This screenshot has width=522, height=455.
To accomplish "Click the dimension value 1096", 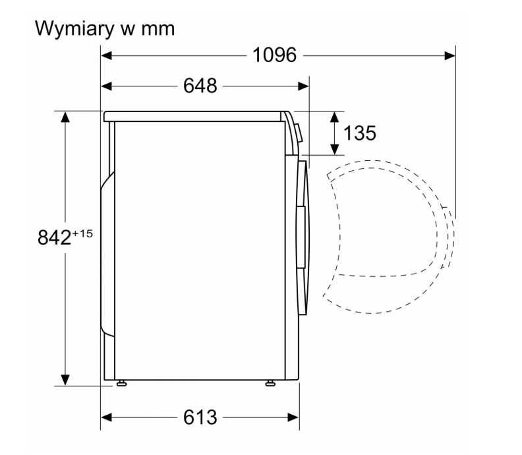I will point(275,55).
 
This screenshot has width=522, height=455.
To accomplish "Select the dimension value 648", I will point(200,86).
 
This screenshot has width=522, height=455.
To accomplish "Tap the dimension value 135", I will point(360,133).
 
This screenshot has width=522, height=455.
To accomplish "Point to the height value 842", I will point(54,238).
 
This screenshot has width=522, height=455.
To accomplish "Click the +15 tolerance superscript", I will point(82,233).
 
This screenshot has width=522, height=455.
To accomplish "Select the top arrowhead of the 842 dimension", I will point(65,117).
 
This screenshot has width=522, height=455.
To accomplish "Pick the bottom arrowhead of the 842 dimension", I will point(65,380).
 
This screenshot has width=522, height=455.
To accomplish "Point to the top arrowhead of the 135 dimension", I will point(334,117).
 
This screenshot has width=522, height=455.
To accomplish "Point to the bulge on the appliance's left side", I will point(105,251).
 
